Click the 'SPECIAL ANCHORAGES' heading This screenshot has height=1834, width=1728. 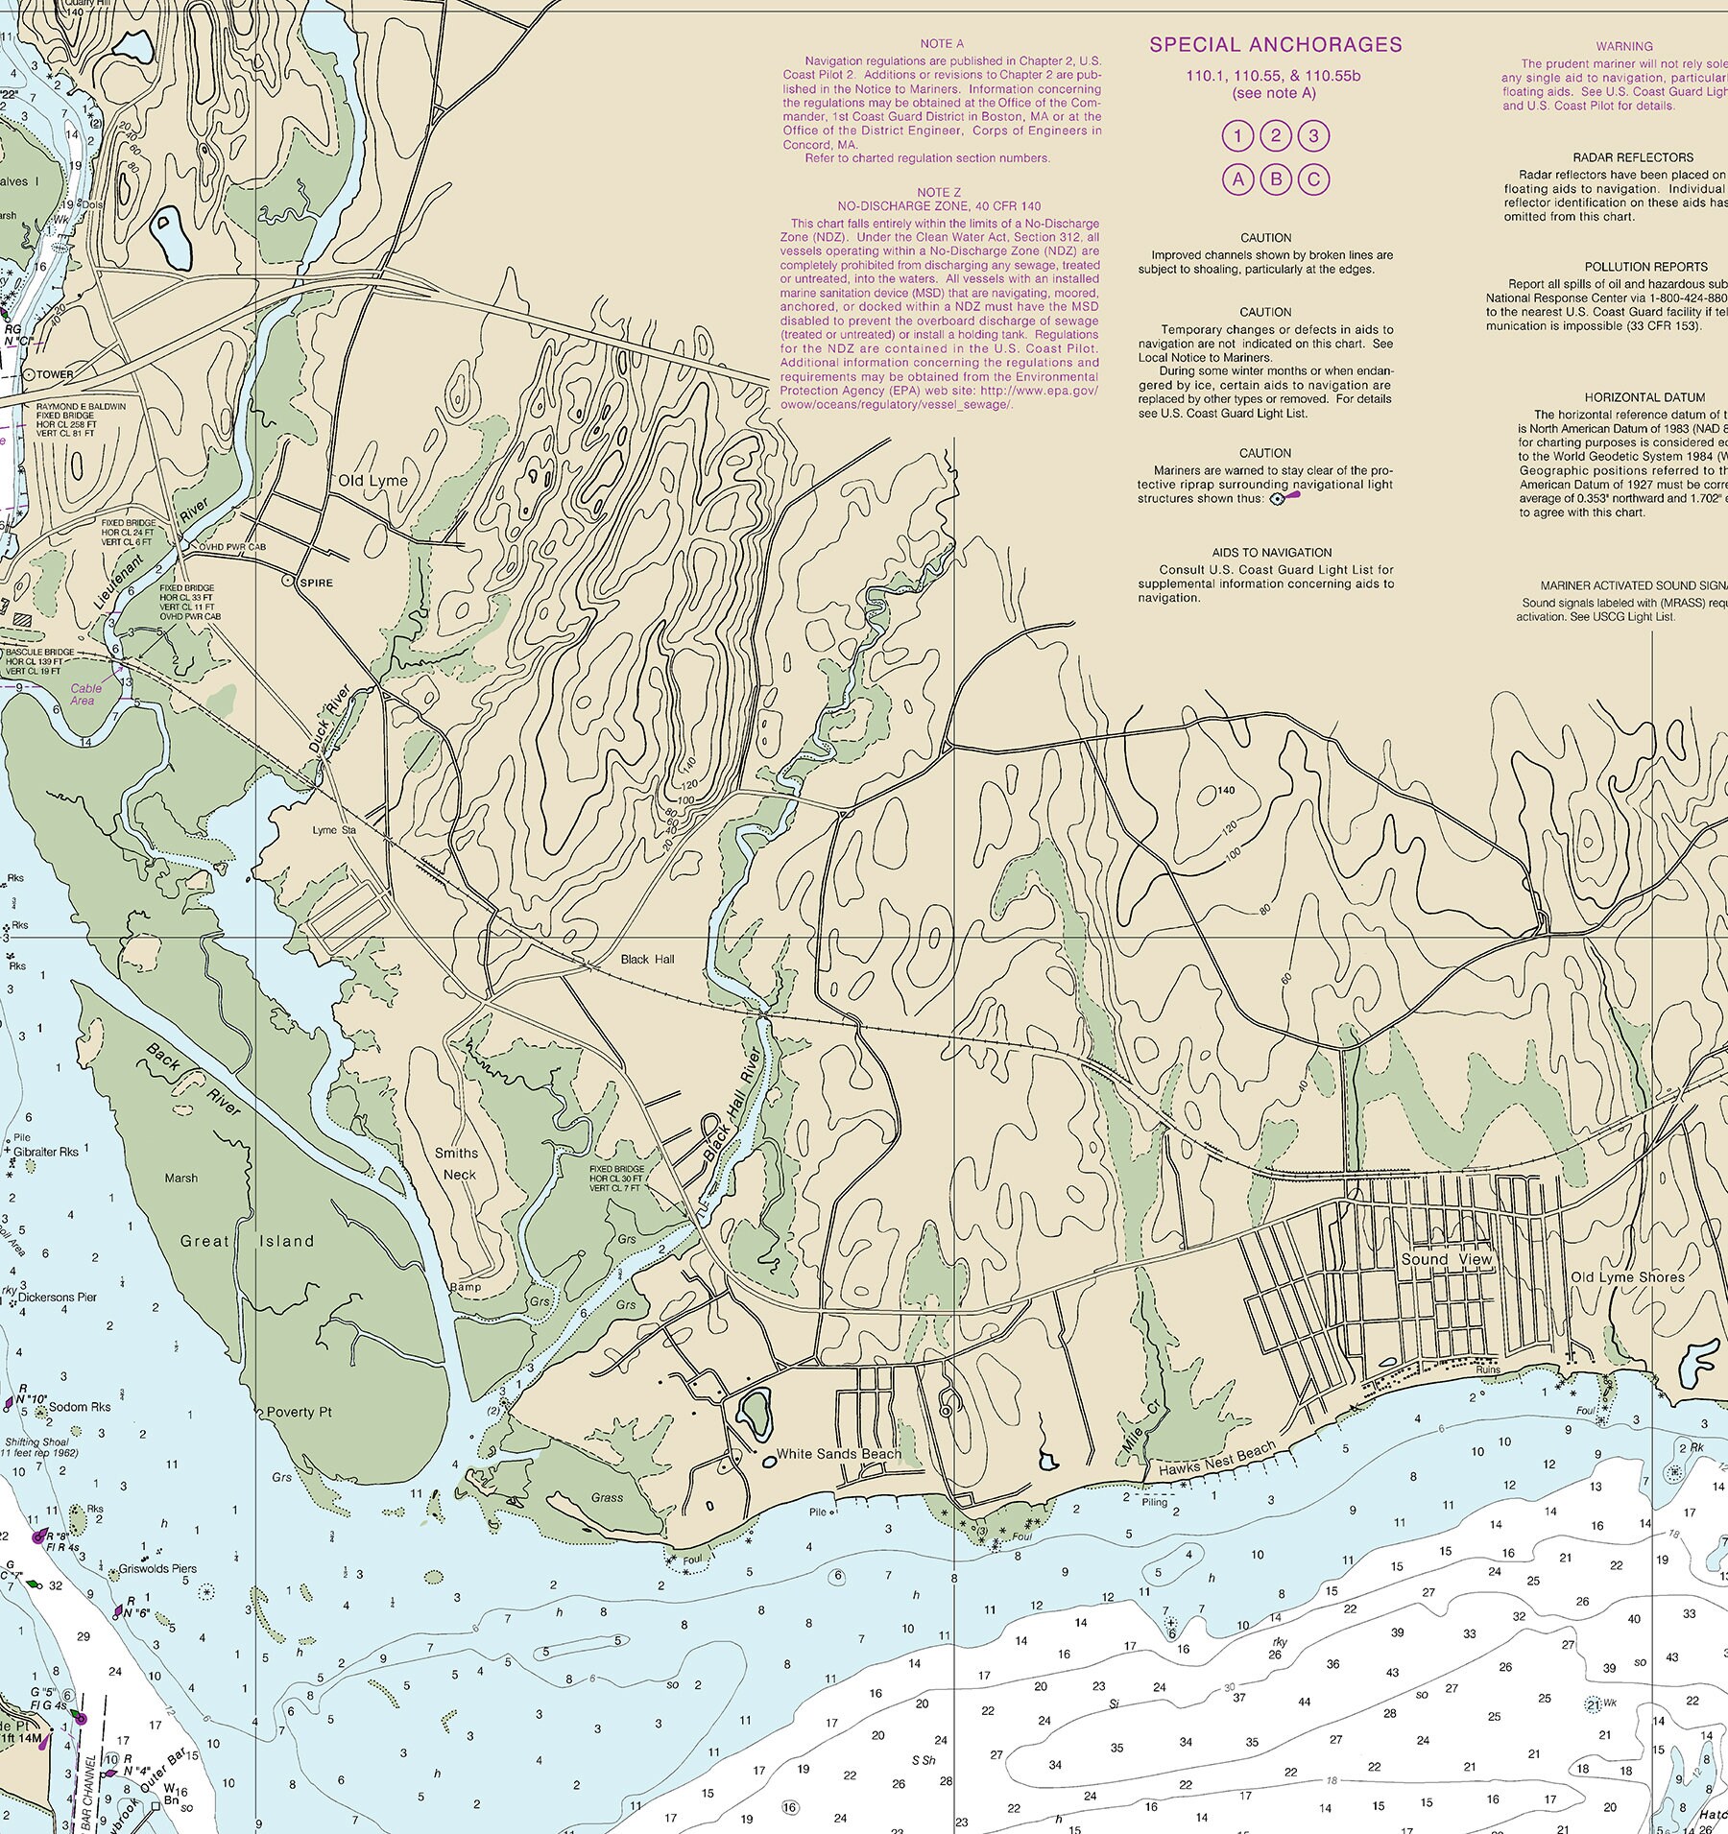pos(1276,44)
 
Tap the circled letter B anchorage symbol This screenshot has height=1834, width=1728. pos(1276,179)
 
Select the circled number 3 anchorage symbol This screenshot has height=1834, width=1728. pos(1314,135)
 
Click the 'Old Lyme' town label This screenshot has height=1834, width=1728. pos(372,481)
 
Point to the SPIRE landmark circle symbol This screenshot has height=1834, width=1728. pos(286,582)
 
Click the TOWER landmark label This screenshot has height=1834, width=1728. pos(56,374)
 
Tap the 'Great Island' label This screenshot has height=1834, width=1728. pos(247,1241)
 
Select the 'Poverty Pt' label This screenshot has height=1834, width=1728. pos(299,1412)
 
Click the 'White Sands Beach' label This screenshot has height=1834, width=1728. pos(838,1453)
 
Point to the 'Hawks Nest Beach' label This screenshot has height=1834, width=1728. pos(1216,1458)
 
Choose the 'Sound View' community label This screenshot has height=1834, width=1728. pos(1446,1259)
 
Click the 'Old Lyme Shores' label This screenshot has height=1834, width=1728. pos(1627,1277)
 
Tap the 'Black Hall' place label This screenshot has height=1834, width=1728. pos(647,959)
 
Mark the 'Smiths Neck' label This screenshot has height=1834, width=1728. pos(456,1164)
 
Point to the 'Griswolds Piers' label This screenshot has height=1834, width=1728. pos(157,1570)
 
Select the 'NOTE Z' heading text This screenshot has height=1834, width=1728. pos(939,192)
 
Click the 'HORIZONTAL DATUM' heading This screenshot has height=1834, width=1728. pos(1644,397)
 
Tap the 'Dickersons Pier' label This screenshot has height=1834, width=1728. pos(58,1297)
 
